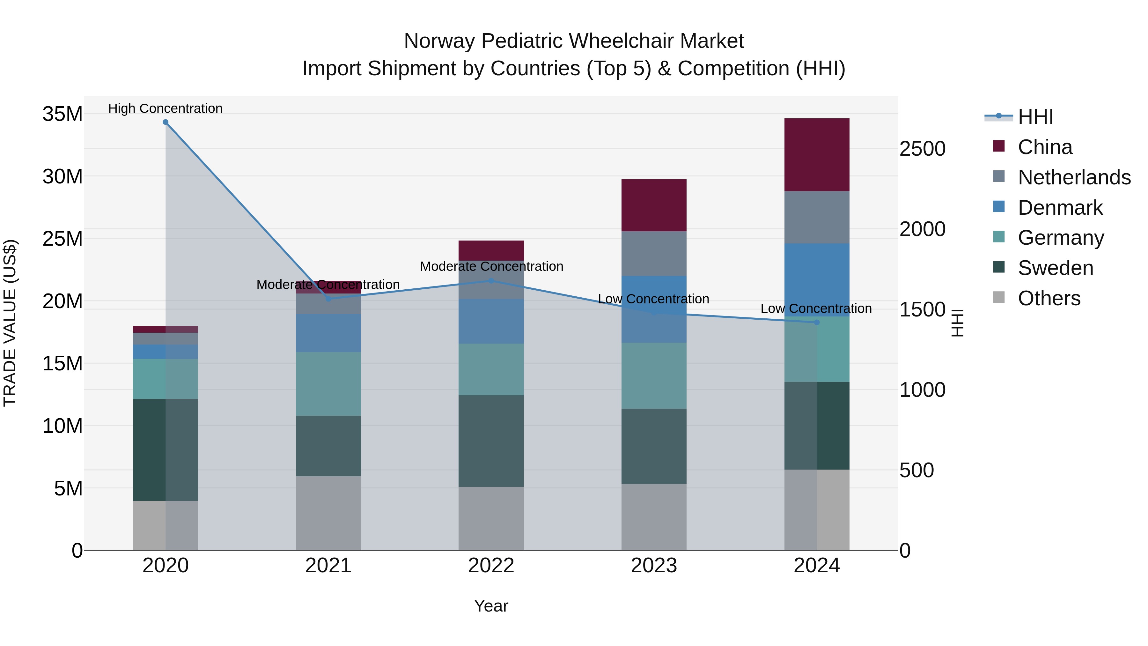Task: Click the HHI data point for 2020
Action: (165, 122)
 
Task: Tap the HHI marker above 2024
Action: (816, 322)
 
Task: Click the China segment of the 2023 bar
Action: (654, 205)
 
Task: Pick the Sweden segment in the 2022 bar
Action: (491, 441)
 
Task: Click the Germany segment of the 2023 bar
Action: (654, 375)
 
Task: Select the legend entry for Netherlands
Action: (1074, 177)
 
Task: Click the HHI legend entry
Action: (1035, 117)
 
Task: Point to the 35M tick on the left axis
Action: (63, 114)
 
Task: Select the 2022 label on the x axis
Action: (491, 566)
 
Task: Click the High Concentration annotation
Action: (165, 108)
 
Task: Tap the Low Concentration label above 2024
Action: (816, 308)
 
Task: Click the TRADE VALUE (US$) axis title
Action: (10, 323)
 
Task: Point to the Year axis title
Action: (491, 606)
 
